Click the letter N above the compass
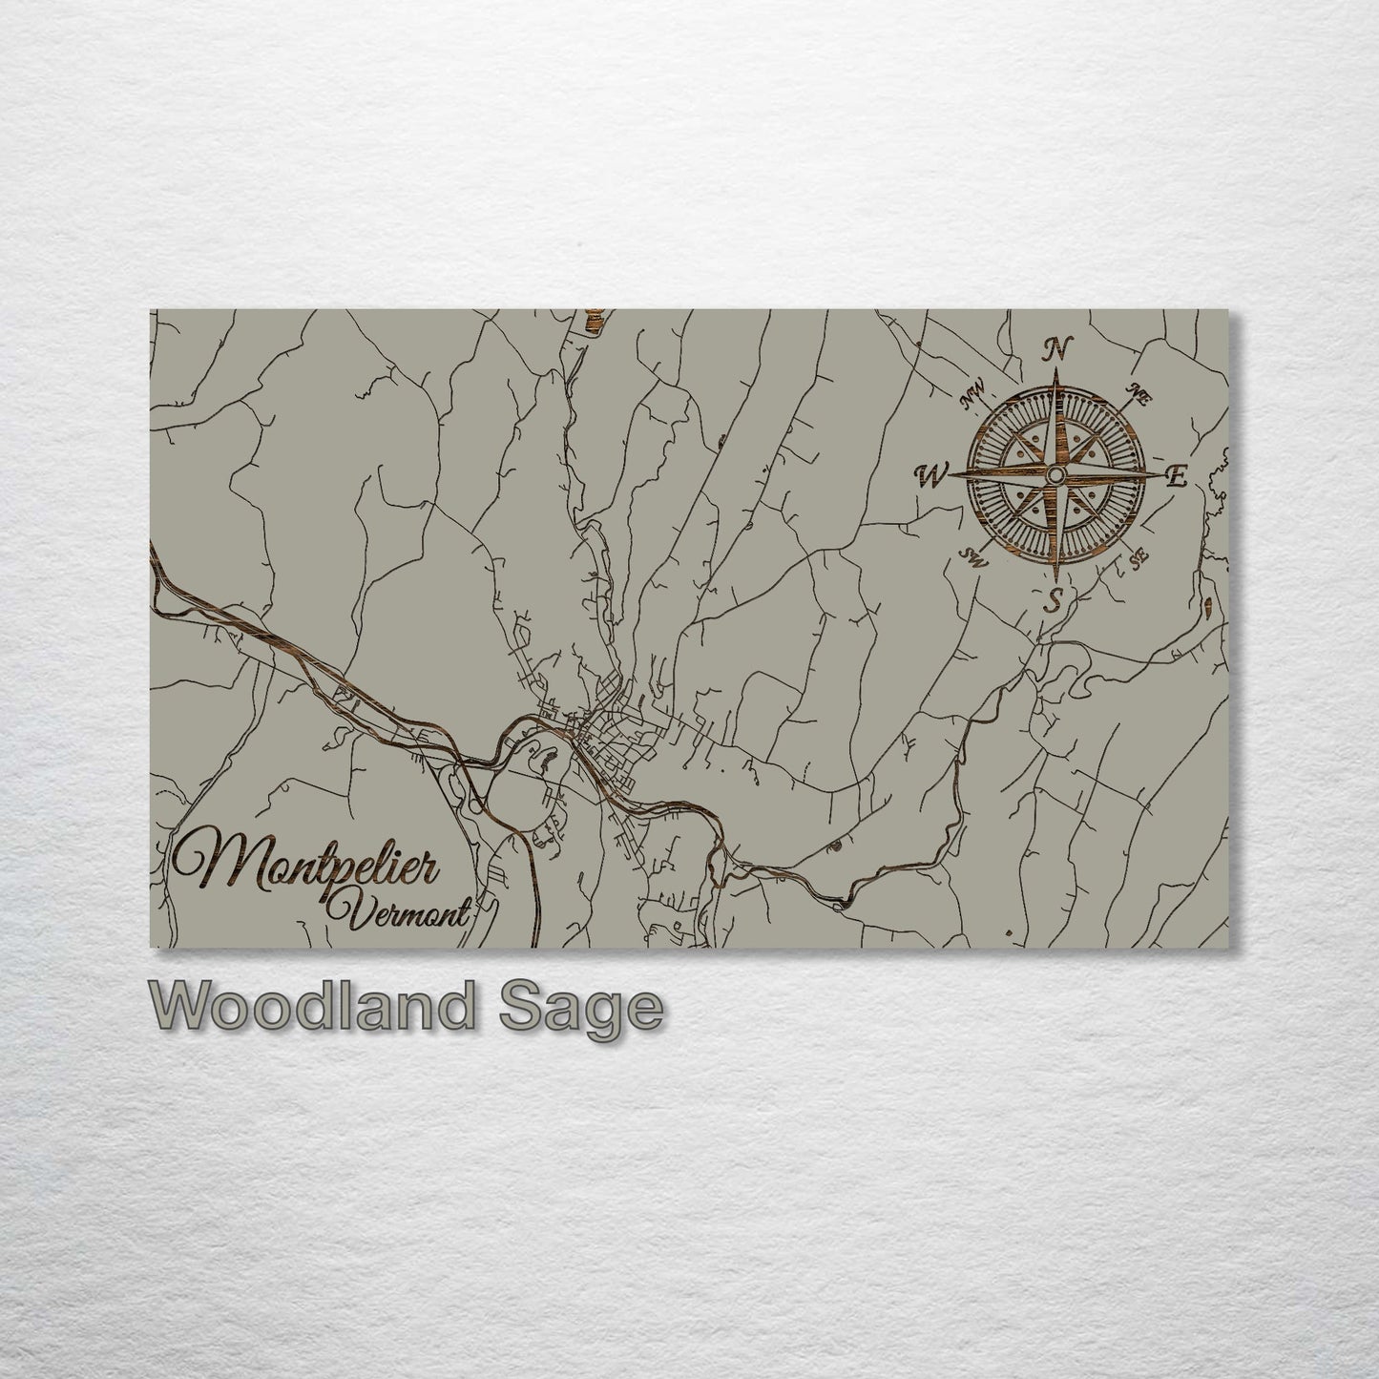click(1056, 349)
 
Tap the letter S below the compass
click(1055, 600)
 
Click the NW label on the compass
click(975, 392)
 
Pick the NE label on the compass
click(1137, 390)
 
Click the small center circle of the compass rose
click(1055, 474)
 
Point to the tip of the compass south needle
click(1055, 580)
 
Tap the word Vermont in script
click(400, 912)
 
